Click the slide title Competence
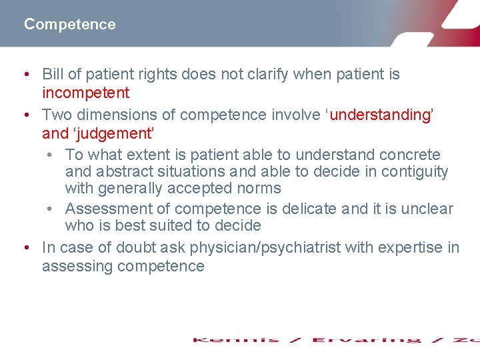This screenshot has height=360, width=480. click(x=69, y=25)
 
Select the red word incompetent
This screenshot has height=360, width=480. click(x=85, y=93)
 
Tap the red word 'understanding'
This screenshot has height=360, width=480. click(x=381, y=115)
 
